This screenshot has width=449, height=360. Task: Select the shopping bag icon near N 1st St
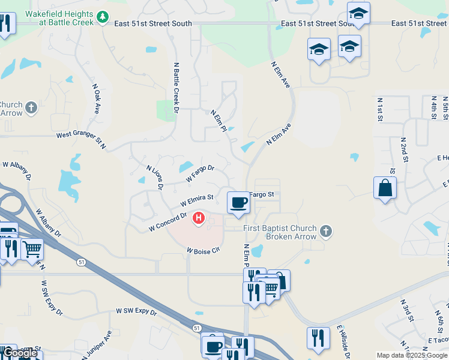click(385, 188)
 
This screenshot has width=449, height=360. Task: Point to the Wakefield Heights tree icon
click(103, 18)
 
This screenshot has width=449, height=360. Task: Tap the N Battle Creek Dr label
click(176, 87)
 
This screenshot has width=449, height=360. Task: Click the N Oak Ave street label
click(96, 98)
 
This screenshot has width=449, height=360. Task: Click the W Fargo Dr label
click(200, 174)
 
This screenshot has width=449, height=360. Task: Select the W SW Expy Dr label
click(136, 312)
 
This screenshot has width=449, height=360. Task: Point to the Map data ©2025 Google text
click(411, 355)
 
